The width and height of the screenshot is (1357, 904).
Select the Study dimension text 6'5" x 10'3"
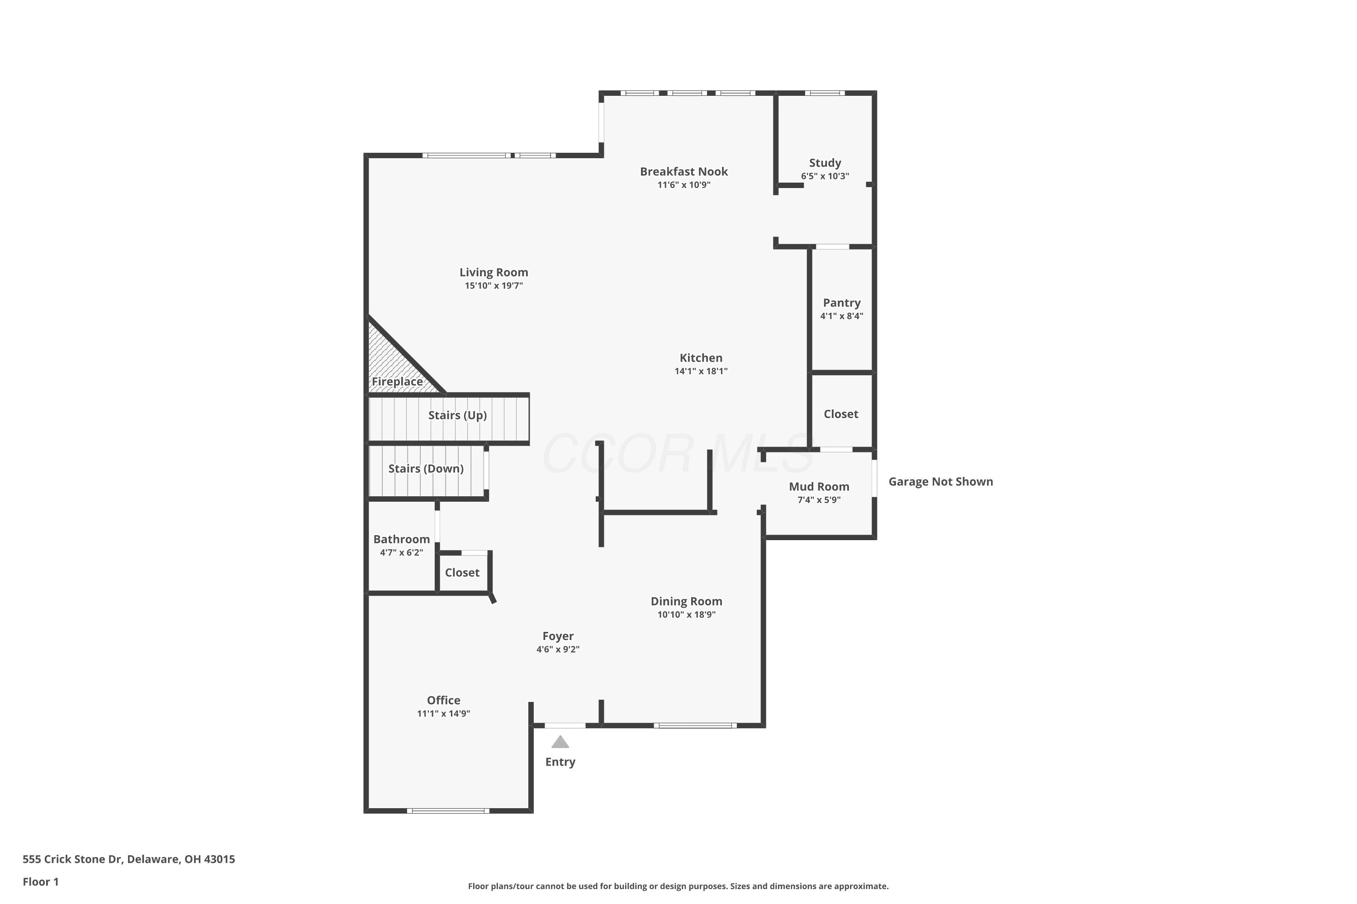point(825,176)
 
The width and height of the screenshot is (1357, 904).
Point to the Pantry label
point(842,303)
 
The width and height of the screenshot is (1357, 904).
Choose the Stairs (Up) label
point(457,415)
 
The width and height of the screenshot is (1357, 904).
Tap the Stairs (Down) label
point(426,468)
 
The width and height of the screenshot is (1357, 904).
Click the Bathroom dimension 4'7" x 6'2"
point(402,552)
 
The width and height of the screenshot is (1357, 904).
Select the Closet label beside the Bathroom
point(462,573)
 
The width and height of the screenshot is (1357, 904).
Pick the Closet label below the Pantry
point(840,414)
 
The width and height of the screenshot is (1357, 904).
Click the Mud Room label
point(819,487)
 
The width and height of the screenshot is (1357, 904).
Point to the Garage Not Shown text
point(940,481)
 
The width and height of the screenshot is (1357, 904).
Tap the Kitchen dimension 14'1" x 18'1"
point(701,371)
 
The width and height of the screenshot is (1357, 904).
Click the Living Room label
point(494,273)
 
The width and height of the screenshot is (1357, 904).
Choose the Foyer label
point(558,636)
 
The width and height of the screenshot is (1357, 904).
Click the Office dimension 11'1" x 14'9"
point(444,713)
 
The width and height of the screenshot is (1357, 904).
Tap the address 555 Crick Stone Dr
point(72,859)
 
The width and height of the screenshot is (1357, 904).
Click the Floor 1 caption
point(40,881)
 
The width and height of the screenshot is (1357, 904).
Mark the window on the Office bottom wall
point(448,810)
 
